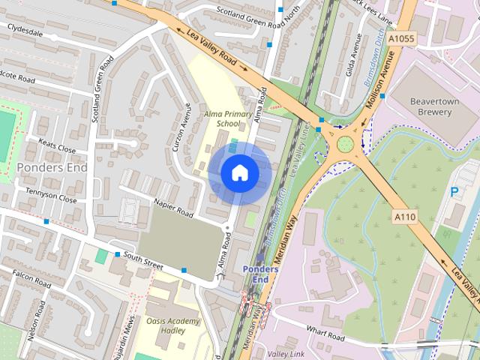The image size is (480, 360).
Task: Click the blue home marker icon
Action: coord(239,172)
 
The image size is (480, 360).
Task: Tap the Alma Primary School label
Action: coord(223,118)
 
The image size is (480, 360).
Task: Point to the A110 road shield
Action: coord(403,216)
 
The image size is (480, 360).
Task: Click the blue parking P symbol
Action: coord(454,192)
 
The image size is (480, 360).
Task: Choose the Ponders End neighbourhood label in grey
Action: coord(52,167)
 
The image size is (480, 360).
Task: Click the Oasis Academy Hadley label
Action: coord(173,327)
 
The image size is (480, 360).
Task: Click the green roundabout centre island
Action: coord(345,144)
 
